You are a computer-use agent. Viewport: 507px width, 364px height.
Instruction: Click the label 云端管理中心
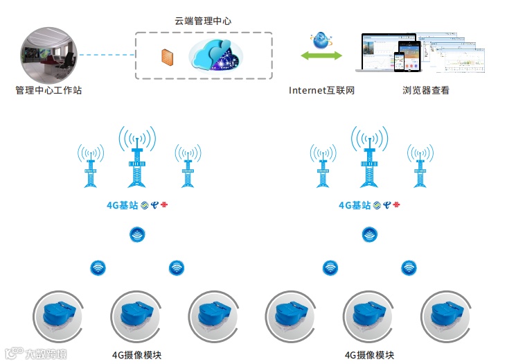[203, 21]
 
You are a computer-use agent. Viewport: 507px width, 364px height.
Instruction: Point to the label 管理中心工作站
[48, 90]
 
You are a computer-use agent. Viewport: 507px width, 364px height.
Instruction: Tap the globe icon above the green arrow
[321, 40]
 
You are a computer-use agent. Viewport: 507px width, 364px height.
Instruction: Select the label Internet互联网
[321, 90]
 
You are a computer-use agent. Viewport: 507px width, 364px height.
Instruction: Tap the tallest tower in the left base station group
[137, 159]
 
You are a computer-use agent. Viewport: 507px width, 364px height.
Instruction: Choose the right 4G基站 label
[354, 205]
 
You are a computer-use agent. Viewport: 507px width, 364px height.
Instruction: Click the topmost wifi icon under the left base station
[137, 234]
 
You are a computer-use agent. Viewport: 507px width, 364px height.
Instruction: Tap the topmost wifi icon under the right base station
[370, 234]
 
